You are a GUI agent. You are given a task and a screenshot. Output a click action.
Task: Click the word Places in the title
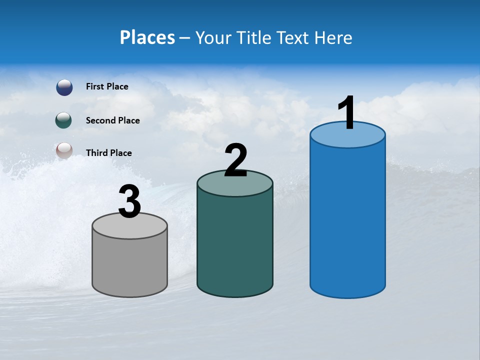pyautogui.click(x=147, y=37)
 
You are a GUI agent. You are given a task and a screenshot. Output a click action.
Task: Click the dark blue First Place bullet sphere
pyautogui.click(x=64, y=87)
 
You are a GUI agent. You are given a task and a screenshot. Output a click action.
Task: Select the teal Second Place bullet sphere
pyautogui.click(x=64, y=120)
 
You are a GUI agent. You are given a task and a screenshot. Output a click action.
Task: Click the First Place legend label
pyautogui.click(x=107, y=86)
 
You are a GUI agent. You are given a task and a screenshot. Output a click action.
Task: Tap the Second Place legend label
pyautogui.click(x=112, y=120)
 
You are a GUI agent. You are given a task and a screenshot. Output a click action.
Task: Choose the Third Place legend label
pyautogui.click(x=109, y=153)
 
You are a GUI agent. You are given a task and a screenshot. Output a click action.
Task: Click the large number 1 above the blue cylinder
pyautogui.click(x=347, y=113)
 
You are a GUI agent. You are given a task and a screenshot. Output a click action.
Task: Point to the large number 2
pyautogui.click(x=235, y=160)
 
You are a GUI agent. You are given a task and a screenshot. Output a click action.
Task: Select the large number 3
pyautogui.click(x=130, y=202)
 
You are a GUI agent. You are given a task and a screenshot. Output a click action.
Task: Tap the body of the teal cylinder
pyautogui.click(x=235, y=245)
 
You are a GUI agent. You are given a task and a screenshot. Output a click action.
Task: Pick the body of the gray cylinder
pyautogui.click(x=130, y=265)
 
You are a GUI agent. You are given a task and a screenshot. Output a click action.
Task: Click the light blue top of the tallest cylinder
pyautogui.click(x=347, y=138)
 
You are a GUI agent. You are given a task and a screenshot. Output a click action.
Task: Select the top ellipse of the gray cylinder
pyautogui.click(x=130, y=228)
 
